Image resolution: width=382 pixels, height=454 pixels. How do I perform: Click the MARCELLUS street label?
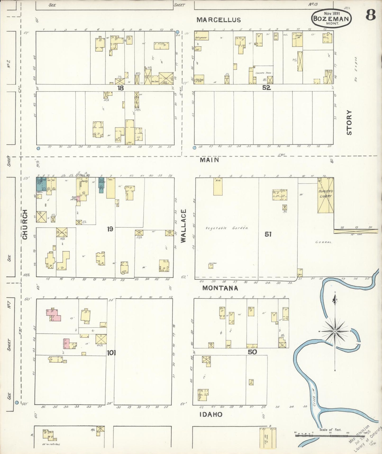coord(219,20)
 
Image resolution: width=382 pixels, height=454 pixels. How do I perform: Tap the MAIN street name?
coord(209,160)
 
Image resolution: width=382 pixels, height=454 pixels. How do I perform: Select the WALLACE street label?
coord(183,226)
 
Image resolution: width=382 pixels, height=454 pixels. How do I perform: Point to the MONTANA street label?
coord(220,288)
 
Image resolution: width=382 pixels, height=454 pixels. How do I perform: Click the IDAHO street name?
coord(211,415)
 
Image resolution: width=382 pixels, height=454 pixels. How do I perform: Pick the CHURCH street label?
coord(25,224)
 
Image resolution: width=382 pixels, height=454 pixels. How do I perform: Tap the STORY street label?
coord(349,122)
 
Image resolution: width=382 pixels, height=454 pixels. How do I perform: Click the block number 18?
coord(120,88)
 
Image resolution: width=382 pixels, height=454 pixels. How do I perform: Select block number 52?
coord(266,88)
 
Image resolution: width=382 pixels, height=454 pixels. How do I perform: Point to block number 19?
coord(110,229)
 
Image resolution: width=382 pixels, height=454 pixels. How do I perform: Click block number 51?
coord(268,234)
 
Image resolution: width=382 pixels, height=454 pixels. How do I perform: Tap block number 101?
coord(111,353)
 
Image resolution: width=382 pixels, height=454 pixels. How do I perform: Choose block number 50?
coord(252,352)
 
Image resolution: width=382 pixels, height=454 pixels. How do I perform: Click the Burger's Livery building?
coord(325,195)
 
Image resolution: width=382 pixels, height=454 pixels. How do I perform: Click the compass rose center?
coord(335,331)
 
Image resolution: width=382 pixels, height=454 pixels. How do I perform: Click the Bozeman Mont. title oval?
coord(332,18)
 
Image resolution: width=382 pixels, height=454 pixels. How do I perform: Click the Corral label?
coord(324,242)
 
